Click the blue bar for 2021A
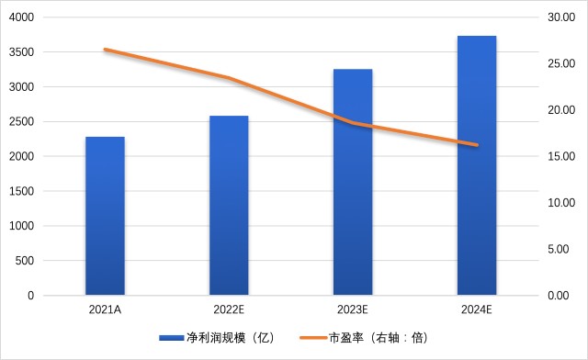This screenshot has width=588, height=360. click(x=105, y=216)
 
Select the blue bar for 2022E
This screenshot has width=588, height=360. click(x=229, y=206)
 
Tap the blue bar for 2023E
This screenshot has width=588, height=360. click(x=353, y=182)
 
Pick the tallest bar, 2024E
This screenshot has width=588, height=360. click(x=477, y=165)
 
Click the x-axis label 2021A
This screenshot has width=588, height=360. click(x=105, y=309)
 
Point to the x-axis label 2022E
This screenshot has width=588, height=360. click(x=229, y=309)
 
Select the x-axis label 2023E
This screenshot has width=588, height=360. click(x=353, y=309)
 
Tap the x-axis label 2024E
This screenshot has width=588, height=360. click(x=476, y=309)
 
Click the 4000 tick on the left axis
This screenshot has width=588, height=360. click(x=21, y=17)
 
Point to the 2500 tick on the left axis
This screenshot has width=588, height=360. click(x=21, y=121)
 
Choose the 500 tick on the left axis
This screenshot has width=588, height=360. click(x=25, y=261)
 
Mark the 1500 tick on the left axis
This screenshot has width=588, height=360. click(x=21, y=191)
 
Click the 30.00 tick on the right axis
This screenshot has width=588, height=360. click(x=561, y=17)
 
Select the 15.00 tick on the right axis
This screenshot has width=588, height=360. click(x=561, y=156)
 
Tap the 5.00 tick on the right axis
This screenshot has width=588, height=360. click(x=559, y=249)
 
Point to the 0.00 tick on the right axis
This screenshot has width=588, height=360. click(x=559, y=296)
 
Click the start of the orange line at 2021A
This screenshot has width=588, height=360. click(x=106, y=50)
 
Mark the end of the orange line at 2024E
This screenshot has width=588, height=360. click(x=477, y=145)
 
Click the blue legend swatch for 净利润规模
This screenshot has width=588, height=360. click(x=172, y=338)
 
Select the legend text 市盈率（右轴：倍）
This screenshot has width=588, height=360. click(x=379, y=338)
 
